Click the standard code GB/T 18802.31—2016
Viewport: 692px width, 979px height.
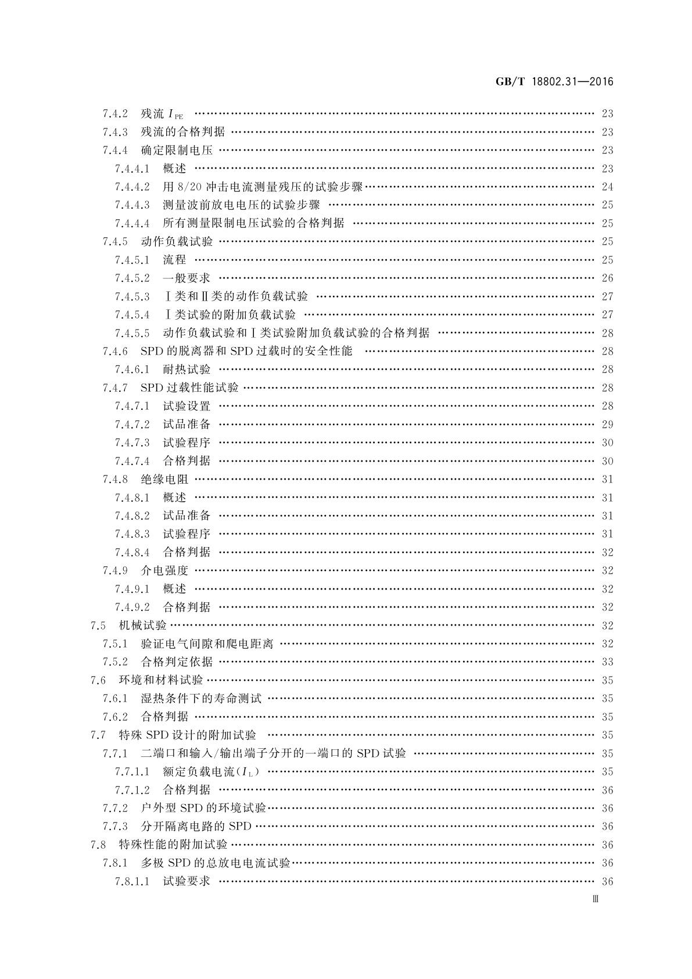555,82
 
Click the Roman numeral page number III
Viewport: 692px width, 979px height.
595,899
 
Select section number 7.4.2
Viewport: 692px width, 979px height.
115,114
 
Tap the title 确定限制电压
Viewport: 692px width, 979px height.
177,151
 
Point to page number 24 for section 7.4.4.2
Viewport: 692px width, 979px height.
607,187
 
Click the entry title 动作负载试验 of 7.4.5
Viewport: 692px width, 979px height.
177,242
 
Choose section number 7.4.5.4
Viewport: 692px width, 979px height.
132,315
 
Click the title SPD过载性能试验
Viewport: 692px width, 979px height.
189,388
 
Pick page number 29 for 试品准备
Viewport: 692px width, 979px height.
607,424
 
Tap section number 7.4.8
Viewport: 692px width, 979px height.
115,480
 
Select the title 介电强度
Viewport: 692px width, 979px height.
164,571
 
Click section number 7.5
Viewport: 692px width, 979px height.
98,626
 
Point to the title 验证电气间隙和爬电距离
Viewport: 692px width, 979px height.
207,644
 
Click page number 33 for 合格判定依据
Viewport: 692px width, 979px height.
607,662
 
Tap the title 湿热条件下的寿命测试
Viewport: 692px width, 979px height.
201,698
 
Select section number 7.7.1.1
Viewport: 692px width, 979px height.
132,772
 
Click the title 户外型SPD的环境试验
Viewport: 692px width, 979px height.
203,808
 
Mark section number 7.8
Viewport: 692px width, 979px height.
98,845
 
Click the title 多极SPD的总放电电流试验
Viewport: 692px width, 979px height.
216,863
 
